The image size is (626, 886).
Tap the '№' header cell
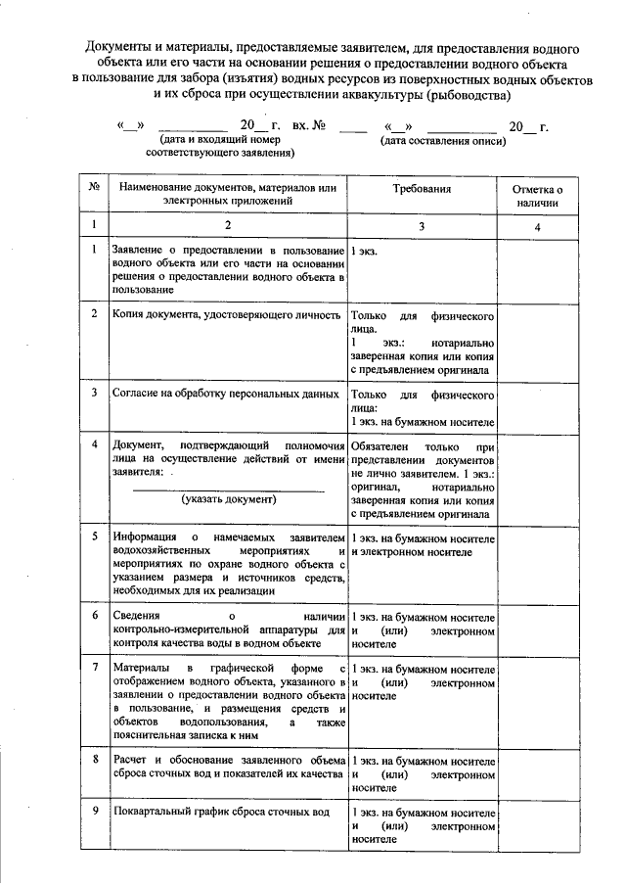pos(93,186)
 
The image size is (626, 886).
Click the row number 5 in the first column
pos(94,538)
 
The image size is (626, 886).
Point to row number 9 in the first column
pos(94,813)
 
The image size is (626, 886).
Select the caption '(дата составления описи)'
pos(443,141)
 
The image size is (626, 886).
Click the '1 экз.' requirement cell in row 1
pos(365,252)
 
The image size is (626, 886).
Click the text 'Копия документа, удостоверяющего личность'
pos(226,316)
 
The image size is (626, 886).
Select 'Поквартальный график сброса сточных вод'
pos(221,813)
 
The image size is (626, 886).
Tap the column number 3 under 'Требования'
pos(423,226)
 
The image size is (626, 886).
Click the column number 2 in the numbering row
pos(227,226)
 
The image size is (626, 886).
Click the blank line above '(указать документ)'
pos(229,488)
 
